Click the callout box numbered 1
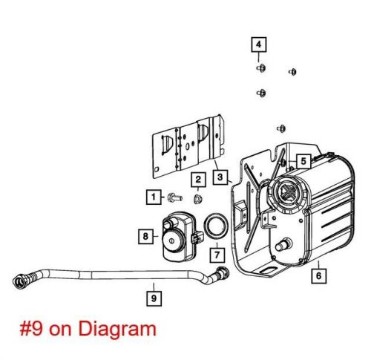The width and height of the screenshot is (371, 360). [154, 197]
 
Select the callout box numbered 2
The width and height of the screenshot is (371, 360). [198, 180]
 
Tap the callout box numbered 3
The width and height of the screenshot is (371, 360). [220, 177]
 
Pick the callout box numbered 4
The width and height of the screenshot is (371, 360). [259, 45]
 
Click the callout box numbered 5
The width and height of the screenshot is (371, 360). [303, 161]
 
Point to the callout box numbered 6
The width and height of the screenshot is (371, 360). [318, 275]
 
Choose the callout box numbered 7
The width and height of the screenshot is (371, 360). [217, 255]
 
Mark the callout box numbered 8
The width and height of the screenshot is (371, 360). [145, 237]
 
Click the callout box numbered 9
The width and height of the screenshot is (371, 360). [154, 298]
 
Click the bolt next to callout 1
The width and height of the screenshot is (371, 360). [175, 197]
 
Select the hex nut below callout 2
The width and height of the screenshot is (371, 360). [197, 198]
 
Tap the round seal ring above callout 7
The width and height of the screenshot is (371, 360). [215, 226]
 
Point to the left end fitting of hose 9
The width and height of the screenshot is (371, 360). [20, 281]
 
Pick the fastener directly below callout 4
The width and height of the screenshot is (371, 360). [261, 68]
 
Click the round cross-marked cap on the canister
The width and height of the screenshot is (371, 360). [288, 192]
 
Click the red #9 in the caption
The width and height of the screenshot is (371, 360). [31, 330]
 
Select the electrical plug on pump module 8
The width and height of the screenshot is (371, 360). [197, 238]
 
